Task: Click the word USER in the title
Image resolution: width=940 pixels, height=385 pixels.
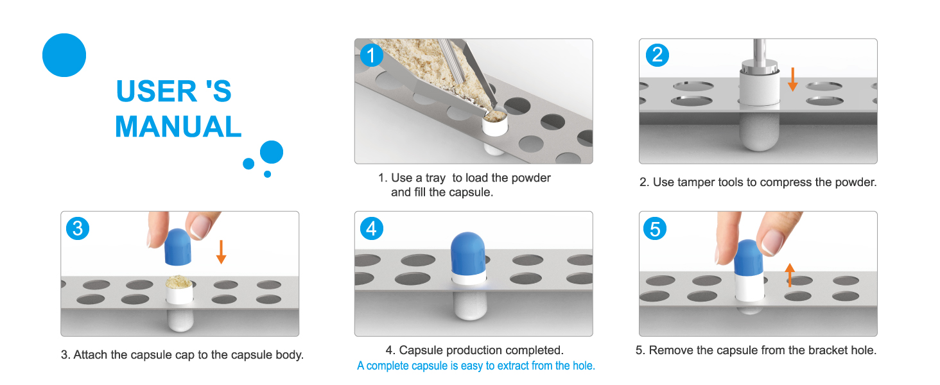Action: click(x=156, y=91)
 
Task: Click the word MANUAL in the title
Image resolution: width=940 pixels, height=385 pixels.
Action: click(x=178, y=126)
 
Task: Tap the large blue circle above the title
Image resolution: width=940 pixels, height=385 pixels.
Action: click(x=64, y=55)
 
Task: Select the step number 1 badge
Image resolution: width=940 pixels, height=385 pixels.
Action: click(x=371, y=55)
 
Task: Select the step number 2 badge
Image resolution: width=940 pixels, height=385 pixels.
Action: click(x=657, y=55)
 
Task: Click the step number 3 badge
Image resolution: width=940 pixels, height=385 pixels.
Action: click(x=78, y=228)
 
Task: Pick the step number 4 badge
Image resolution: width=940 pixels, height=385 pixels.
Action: click(x=371, y=228)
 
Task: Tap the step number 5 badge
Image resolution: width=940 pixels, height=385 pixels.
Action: click(x=655, y=228)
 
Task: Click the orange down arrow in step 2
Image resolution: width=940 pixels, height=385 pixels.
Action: click(x=793, y=80)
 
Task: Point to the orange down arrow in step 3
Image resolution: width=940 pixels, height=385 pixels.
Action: click(x=221, y=252)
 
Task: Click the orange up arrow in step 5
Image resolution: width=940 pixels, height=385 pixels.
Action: click(x=790, y=275)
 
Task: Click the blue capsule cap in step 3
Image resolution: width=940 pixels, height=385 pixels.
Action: click(x=178, y=247)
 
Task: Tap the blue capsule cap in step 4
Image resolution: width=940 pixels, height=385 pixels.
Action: click(x=468, y=253)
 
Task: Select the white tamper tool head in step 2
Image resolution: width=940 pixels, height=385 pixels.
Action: click(x=759, y=88)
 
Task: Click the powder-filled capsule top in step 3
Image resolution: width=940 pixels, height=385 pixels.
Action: click(x=178, y=282)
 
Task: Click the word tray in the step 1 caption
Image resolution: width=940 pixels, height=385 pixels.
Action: click(x=435, y=178)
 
